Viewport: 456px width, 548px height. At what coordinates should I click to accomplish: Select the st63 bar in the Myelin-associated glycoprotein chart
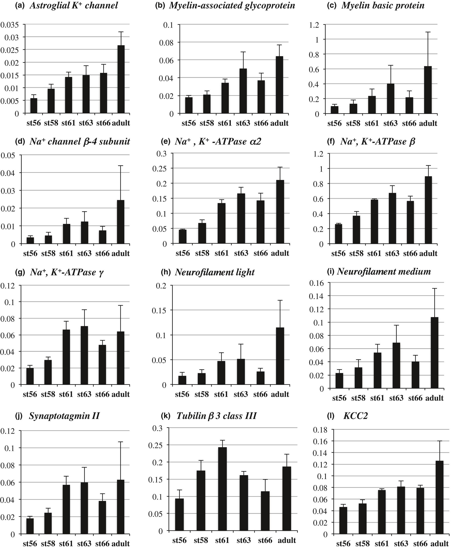[243, 91]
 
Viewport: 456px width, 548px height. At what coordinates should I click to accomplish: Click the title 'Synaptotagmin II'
[64, 415]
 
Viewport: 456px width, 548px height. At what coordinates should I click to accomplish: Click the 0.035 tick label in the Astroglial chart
[10, 25]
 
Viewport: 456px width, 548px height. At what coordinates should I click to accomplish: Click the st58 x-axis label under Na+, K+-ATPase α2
[202, 253]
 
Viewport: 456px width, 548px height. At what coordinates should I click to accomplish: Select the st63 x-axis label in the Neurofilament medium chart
[396, 398]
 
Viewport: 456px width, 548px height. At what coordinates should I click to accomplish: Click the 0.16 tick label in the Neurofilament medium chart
[316, 283]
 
